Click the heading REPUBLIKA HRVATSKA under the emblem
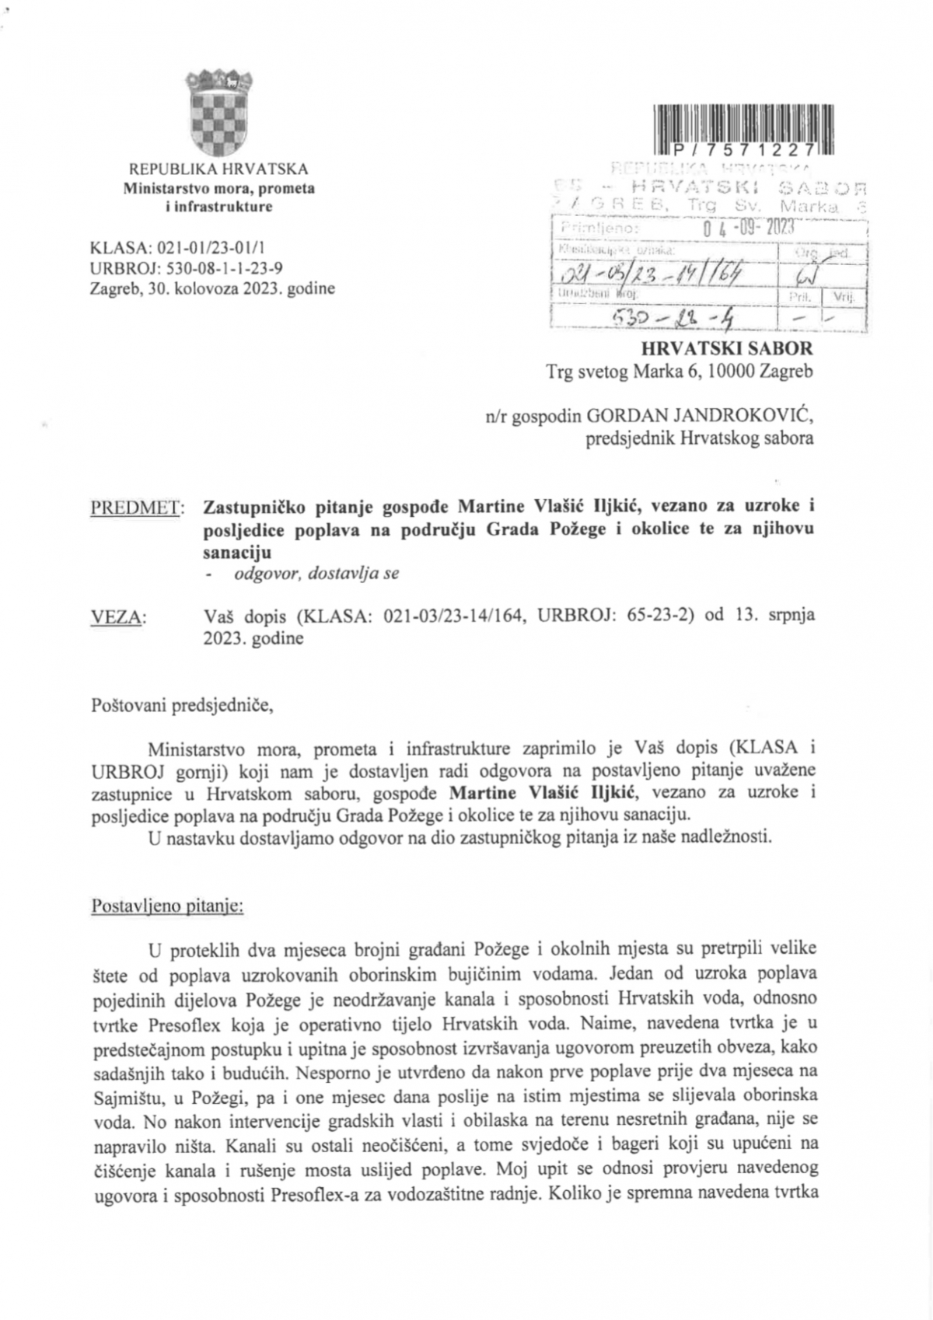[x=218, y=169]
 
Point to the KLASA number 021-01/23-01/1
[x=211, y=249]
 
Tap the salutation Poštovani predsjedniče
[x=182, y=707]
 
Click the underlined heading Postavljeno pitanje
[x=167, y=906]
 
